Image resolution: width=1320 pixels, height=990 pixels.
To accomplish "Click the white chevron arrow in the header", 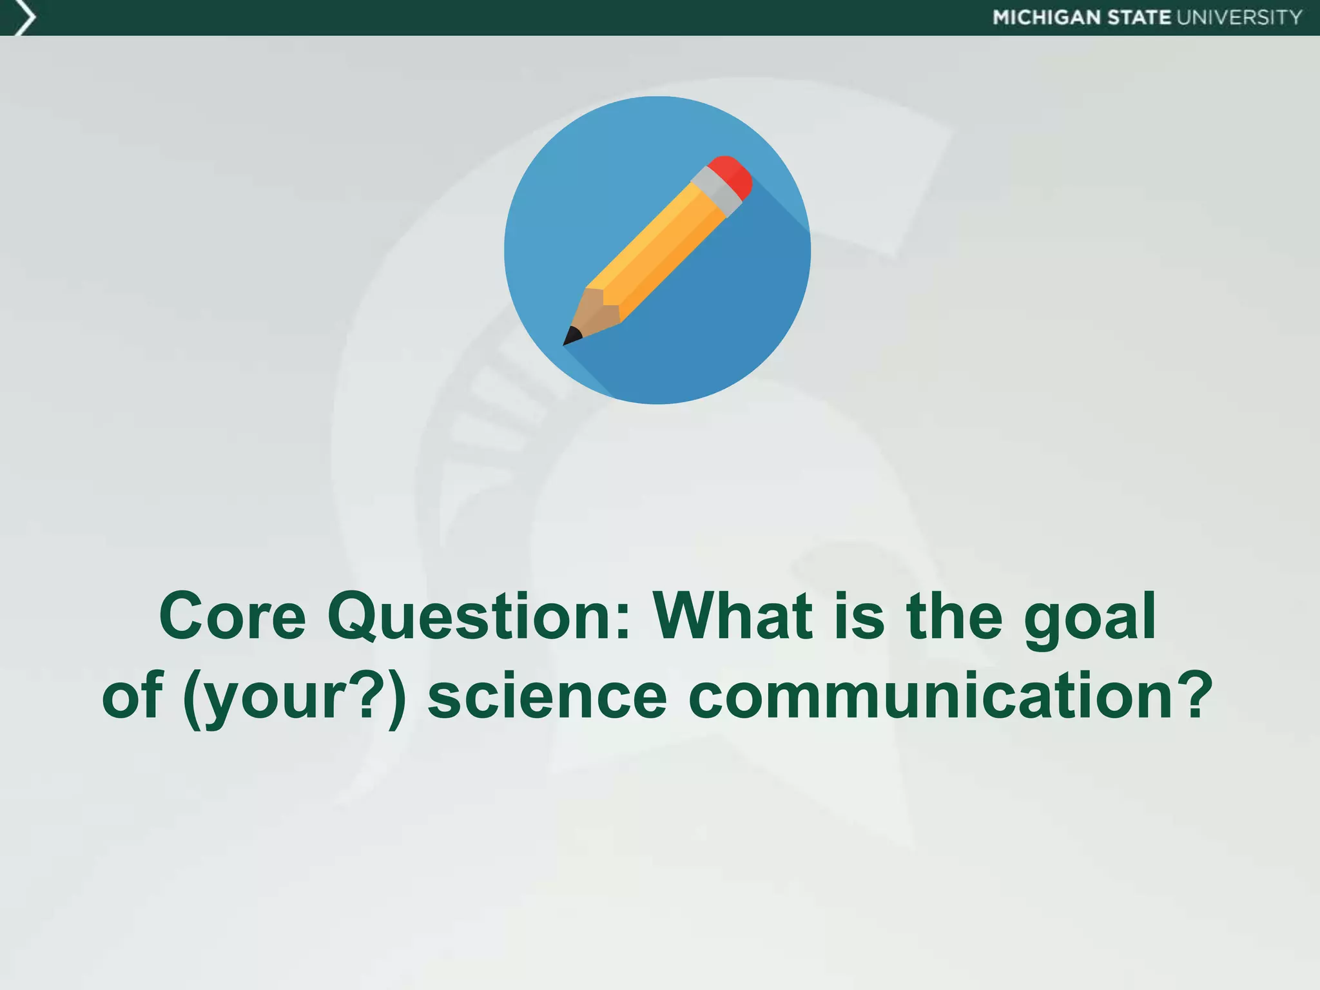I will pos(24,17).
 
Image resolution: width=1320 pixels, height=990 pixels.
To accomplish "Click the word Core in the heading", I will pos(232,617).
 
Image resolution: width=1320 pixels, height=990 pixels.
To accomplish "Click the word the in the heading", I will pos(955,617).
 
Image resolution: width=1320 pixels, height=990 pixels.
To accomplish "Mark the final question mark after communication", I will pos(1193,695).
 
